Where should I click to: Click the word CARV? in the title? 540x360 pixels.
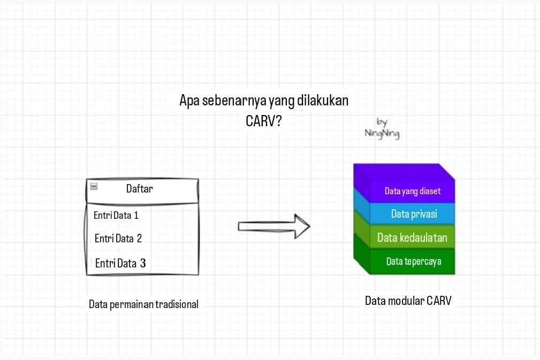click(263, 121)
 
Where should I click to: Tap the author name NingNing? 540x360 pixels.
click(382, 134)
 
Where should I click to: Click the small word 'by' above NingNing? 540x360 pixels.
click(382, 122)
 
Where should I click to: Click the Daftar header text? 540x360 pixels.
click(140, 188)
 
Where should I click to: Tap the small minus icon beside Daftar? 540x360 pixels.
click(94, 187)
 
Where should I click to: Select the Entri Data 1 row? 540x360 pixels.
click(116, 216)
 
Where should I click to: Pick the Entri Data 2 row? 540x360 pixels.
click(118, 239)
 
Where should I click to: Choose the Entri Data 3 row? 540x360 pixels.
click(120, 263)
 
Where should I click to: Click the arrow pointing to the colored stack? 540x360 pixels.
click(274, 226)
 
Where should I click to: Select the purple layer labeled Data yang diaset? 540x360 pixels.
click(412, 191)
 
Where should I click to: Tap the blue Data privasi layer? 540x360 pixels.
click(414, 214)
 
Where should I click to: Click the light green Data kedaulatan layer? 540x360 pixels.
click(412, 238)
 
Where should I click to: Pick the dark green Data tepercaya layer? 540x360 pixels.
click(413, 262)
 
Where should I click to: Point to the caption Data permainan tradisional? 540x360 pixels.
click(143, 304)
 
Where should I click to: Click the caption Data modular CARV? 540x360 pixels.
click(408, 301)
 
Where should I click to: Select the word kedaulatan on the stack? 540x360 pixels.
click(423, 238)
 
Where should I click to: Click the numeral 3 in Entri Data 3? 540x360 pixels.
click(143, 263)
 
